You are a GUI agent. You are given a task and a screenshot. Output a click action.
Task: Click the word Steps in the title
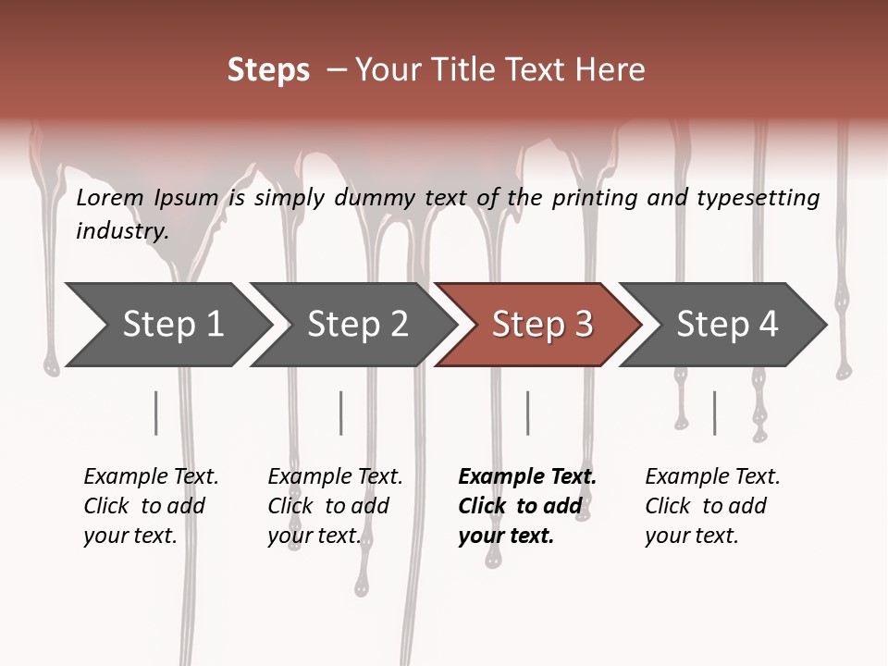(x=268, y=70)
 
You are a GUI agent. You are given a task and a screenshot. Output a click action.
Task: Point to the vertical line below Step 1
(x=156, y=413)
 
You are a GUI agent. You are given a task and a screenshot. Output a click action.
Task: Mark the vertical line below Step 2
(x=341, y=413)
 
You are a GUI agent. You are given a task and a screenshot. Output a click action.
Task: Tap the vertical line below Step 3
(x=528, y=413)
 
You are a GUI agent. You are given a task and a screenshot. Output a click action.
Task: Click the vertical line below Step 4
(x=714, y=413)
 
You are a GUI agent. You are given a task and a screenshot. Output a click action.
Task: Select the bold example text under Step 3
(x=526, y=506)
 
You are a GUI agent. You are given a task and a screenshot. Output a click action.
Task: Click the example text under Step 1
(x=151, y=506)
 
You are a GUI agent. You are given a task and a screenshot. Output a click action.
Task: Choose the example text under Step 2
(x=335, y=506)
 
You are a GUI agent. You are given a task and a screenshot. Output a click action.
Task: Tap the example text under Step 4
(x=711, y=506)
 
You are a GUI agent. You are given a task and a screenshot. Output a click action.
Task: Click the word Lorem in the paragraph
(x=110, y=198)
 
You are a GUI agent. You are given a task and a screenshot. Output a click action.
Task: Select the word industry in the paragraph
(x=121, y=231)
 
